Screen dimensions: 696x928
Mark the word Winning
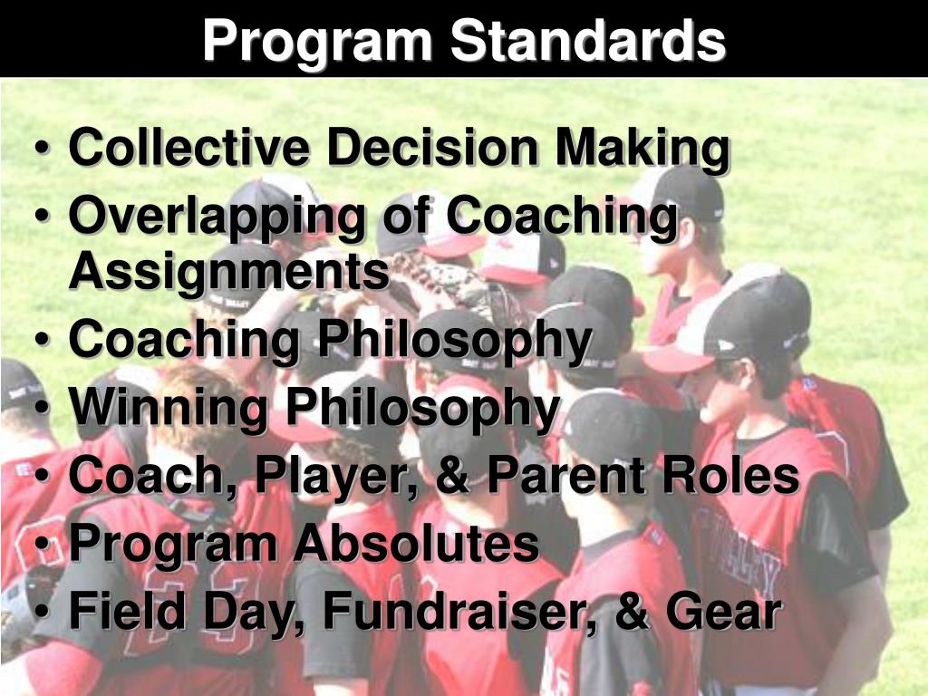170,409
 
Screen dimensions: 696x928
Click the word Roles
735,476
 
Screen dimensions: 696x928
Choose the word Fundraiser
461,613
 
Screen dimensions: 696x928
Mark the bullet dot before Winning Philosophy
45,410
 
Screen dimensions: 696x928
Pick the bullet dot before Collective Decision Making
45,150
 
